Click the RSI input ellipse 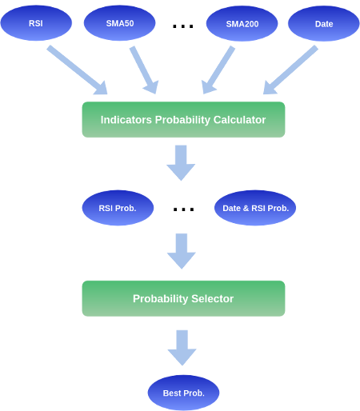click(x=36, y=23)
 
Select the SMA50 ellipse click(x=119, y=23)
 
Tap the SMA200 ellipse click(x=242, y=23)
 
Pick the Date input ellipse click(x=324, y=23)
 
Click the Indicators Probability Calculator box click(x=183, y=120)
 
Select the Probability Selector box click(x=183, y=298)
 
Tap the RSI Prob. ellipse click(x=118, y=208)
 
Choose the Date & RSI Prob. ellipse click(x=255, y=208)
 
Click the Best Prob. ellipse click(x=183, y=393)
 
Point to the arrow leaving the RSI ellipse click(x=78, y=70)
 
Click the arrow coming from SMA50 click(x=144, y=70)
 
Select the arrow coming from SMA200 click(x=218, y=70)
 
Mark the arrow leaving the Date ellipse click(x=290, y=70)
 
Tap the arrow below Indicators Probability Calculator click(x=181, y=163)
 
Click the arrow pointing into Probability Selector click(x=182, y=251)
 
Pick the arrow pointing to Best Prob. click(x=182, y=348)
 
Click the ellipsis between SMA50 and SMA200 click(x=183, y=26)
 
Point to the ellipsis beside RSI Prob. click(x=183, y=209)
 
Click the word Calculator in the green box click(x=239, y=120)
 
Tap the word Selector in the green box click(x=213, y=298)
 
